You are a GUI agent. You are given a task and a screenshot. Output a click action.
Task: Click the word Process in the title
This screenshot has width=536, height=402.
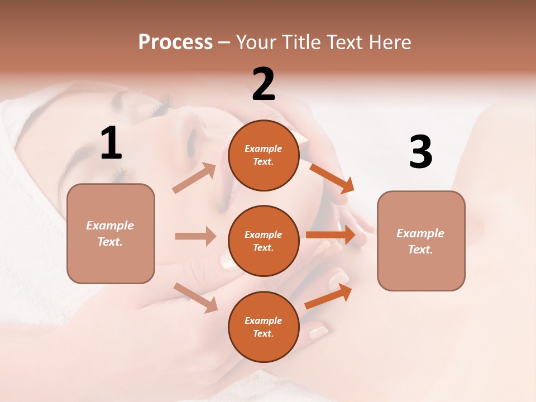(175, 42)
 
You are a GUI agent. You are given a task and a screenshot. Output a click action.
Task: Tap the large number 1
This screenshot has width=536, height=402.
(111, 143)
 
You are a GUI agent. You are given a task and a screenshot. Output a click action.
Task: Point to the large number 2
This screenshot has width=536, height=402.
(264, 84)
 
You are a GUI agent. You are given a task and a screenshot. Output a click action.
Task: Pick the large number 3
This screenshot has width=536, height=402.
(420, 152)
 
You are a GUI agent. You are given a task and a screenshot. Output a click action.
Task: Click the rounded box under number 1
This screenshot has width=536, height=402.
(111, 233)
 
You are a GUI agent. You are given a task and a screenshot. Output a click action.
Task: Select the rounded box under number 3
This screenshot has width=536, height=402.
(421, 241)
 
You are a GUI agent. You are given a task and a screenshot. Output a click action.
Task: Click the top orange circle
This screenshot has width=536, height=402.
(264, 155)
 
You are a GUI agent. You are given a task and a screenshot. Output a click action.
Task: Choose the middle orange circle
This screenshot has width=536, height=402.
(264, 241)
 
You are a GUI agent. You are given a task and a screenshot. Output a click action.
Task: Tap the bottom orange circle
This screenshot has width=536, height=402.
(264, 327)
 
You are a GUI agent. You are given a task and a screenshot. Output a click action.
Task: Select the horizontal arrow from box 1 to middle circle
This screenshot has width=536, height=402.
(195, 236)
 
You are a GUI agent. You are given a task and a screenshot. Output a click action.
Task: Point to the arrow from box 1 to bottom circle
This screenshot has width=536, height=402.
(195, 297)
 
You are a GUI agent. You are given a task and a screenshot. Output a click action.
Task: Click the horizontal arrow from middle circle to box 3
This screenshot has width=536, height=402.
(331, 235)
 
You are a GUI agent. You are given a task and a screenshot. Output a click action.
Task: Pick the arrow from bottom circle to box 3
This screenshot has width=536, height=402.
(328, 296)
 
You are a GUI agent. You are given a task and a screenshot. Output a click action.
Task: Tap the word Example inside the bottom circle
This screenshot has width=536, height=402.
(263, 320)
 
